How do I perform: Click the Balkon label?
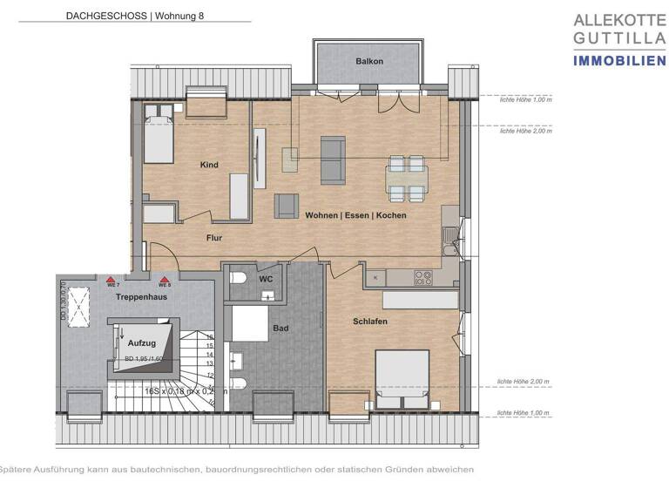(x=369, y=61)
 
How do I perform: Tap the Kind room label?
(x=209, y=165)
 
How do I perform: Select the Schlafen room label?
(x=370, y=322)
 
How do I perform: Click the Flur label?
(x=215, y=236)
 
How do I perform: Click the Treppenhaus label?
(x=141, y=297)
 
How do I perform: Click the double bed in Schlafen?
(x=402, y=377)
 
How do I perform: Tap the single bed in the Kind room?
(x=159, y=139)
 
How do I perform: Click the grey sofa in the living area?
(x=332, y=159)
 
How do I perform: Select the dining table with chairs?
(x=407, y=177)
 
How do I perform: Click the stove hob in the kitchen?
(x=422, y=278)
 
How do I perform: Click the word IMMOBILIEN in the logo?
(x=618, y=59)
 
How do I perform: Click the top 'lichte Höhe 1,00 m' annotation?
(x=525, y=100)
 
